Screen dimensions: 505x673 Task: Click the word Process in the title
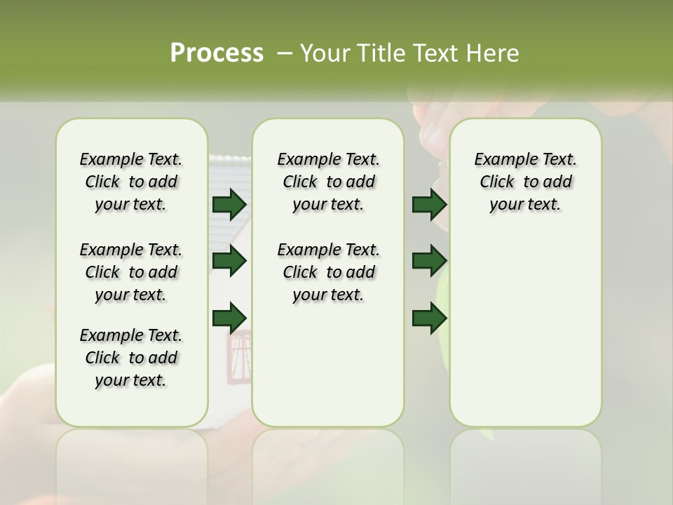pyautogui.click(x=217, y=53)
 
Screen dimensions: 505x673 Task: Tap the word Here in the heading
pyautogui.click(x=494, y=53)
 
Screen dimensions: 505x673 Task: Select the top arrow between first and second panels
pyautogui.click(x=229, y=204)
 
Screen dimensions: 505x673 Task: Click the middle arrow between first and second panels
pyautogui.click(x=229, y=261)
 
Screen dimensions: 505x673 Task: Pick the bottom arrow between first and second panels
pyautogui.click(x=229, y=317)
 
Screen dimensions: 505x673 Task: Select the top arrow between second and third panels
pyautogui.click(x=429, y=204)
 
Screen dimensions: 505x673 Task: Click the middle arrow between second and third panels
pyautogui.click(x=429, y=261)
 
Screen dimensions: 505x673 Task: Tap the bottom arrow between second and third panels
pyautogui.click(x=429, y=317)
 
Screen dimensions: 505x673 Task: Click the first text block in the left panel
pyautogui.click(x=131, y=182)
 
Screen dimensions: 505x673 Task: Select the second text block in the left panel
pyautogui.click(x=131, y=272)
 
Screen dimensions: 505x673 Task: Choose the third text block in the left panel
pyautogui.click(x=131, y=358)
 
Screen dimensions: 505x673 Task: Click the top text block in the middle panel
pyautogui.click(x=328, y=182)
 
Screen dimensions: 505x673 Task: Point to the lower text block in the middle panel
pyautogui.click(x=328, y=272)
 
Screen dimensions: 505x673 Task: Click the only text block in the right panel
pyautogui.click(x=525, y=182)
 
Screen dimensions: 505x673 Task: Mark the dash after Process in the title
pyautogui.click(x=285, y=53)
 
